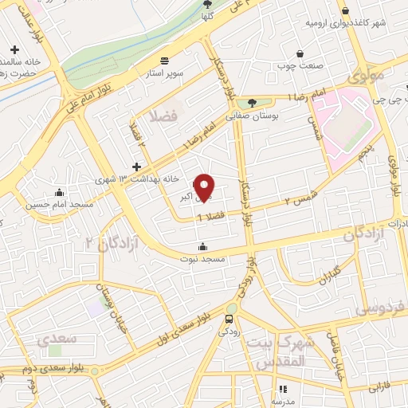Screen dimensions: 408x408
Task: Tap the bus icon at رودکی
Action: [x=229, y=319]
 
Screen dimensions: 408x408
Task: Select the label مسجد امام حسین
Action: [x=48, y=204]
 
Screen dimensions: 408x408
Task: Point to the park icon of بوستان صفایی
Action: [x=253, y=102]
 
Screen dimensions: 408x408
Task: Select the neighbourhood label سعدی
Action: [x=57, y=339]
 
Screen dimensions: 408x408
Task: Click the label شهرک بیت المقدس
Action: [x=277, y=351]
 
